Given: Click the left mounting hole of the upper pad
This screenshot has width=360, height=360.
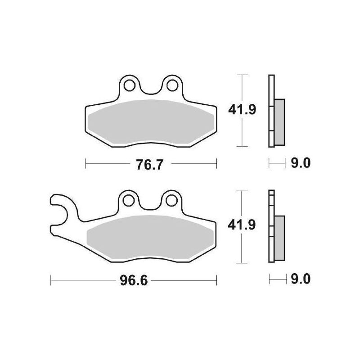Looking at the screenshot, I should (130, 84).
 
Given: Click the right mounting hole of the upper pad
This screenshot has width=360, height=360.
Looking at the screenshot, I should (172, 84).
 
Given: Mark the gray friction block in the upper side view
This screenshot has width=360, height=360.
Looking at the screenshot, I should (279, 121).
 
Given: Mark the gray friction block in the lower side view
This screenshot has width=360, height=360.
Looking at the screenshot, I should (279, 238).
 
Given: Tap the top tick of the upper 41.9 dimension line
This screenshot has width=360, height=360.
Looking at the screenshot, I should (243, 75).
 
